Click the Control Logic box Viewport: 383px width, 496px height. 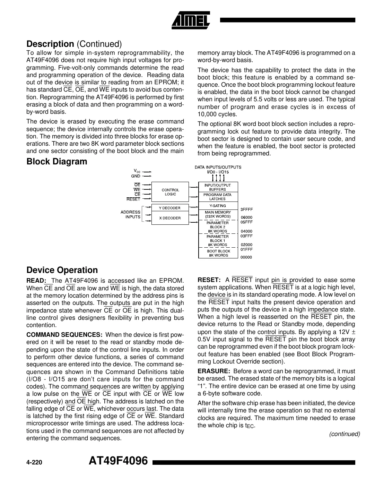170,192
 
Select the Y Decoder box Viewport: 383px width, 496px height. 170,208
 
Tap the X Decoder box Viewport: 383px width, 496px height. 170,218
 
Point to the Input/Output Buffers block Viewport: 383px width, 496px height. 217,187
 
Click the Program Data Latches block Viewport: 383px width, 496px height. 217,197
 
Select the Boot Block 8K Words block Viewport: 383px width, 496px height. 218,253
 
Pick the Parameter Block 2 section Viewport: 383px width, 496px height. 218,227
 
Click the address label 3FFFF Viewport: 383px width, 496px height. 246,209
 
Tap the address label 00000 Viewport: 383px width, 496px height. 246,257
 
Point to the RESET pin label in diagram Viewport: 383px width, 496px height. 133,199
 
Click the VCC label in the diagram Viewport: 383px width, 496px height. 137,171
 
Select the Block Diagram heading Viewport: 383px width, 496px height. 57,162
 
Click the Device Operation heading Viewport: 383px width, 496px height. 62,270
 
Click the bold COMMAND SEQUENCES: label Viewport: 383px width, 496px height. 64,335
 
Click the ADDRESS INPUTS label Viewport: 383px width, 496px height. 130,214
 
